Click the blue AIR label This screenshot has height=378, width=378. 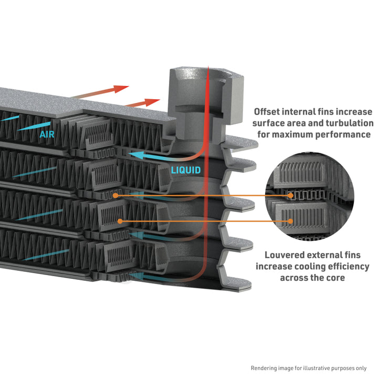[47, 134]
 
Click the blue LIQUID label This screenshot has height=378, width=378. [185, 170]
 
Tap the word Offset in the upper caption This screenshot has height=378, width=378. [268, 112]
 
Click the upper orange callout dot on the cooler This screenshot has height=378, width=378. [115, 195]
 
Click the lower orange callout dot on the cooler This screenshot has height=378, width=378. [120, 221]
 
